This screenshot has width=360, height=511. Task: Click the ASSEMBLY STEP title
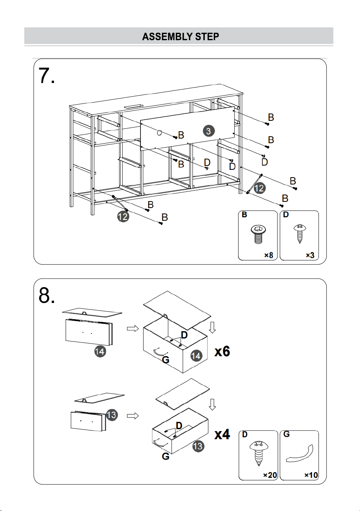(181, 37)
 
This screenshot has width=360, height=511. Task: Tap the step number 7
(47, 76)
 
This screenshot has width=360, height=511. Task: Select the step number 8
(47, 295)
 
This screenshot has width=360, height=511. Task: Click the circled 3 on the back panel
(208, 131)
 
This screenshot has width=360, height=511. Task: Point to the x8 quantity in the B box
(269, 255)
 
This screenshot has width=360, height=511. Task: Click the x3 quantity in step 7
(310, 255)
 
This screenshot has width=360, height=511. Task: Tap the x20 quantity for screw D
(270, 475)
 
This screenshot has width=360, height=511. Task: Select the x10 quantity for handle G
(311, 475)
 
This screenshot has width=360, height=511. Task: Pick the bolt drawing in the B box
(259, 234)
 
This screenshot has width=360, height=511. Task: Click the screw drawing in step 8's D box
(259, 454)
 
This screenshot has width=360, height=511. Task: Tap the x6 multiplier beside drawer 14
(222, 351)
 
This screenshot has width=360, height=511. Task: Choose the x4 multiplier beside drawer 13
(222, 434)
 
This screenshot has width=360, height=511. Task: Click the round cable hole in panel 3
(159, 132)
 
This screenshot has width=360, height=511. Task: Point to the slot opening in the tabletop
(133, 106)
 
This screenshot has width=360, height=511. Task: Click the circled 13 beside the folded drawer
(112, 415)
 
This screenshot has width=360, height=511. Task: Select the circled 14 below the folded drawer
(100, 351)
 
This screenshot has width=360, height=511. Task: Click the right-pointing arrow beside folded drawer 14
(133, 328)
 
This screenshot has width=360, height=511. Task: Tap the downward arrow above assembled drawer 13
(212, 404)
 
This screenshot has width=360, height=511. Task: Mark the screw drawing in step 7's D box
(300, 234)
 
